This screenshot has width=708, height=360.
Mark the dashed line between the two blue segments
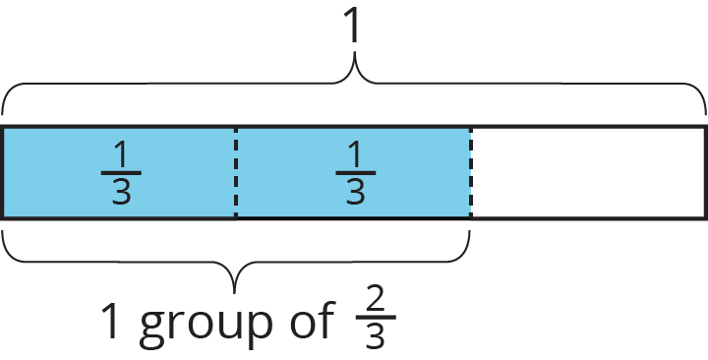pos(236,172)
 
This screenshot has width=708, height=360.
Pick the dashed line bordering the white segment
pos(470,172)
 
